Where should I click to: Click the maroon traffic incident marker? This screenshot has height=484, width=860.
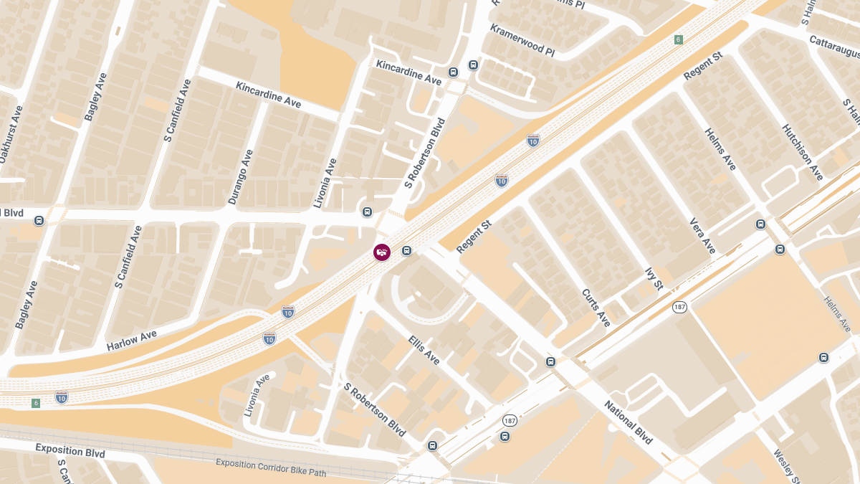coord(382,252)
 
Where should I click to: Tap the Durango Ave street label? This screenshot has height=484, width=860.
coord(242,177)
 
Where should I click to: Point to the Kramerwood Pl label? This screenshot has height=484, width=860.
coord(522,41)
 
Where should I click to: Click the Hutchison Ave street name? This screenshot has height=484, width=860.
coord(802,152)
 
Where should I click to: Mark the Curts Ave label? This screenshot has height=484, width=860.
coord(596,308)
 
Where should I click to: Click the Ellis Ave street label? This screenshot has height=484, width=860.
coord(424,348)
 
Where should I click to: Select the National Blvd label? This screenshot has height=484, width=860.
coord(629,422)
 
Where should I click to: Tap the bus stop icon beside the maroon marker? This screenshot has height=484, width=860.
coord(406,251)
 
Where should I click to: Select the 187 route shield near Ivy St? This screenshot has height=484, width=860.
coord(680,307)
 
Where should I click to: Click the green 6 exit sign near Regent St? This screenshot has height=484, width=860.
coord(678,39)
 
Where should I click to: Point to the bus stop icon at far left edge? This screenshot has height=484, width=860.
coord(39,220)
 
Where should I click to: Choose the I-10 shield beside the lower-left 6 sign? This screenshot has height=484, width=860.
coord(62,397)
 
